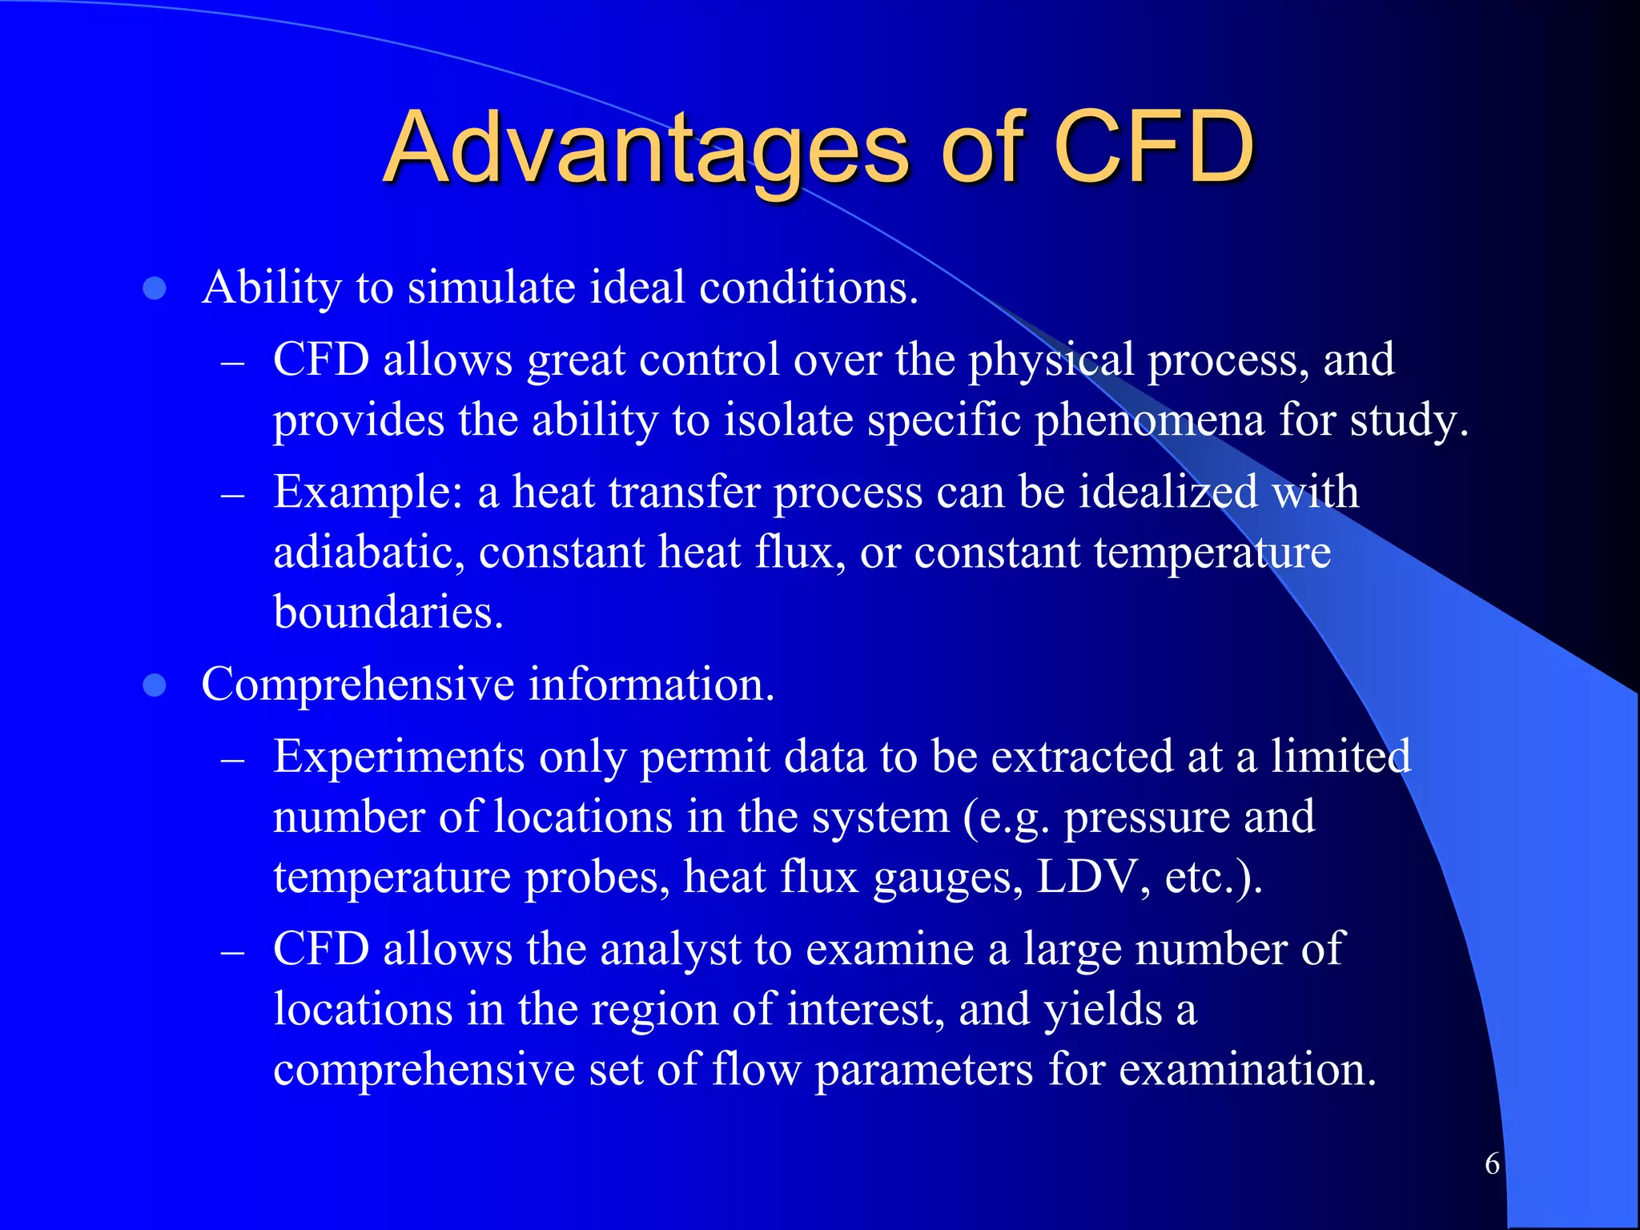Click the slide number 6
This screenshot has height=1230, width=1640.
pyautogui.click(x=1492, y=1164)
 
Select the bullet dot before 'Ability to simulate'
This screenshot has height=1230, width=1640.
pyautogui.click(x=155, y=289)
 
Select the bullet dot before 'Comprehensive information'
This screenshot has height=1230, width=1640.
pyautogui.click(x=155, y=686)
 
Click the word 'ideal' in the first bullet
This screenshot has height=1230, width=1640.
pyautogui.click(x=637, y=287)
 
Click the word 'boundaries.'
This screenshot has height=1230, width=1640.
pyautogui.click(x=388, y=613)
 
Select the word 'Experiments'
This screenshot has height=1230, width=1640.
pyautogui.click(x=399, y=757)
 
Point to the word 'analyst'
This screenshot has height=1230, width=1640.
pyautogui.click(x=670, y=951)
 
